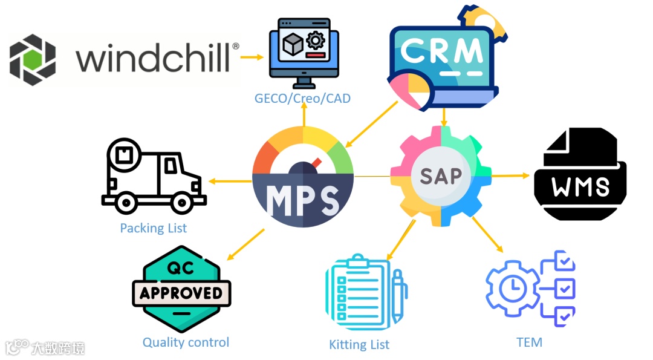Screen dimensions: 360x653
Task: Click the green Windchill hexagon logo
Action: tap(33, 60)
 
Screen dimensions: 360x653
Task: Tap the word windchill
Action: tap(154, 59)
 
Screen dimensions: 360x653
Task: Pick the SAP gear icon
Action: tap(441, 176)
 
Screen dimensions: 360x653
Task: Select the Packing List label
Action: tap(154, 228)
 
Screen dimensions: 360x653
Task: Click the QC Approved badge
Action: tap(181, 292)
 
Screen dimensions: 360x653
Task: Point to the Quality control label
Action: tap(186, 342)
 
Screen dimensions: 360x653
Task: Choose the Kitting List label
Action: tap(359, 345)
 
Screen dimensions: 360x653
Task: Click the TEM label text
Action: tap(529, 342)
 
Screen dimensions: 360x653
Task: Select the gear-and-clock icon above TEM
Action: tap(531, 288)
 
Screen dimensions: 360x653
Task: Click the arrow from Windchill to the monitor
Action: tap(253, 57)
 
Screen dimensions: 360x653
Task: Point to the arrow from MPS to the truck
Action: tap(230, 180)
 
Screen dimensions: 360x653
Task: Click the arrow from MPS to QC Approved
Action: tap(244, 244)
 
